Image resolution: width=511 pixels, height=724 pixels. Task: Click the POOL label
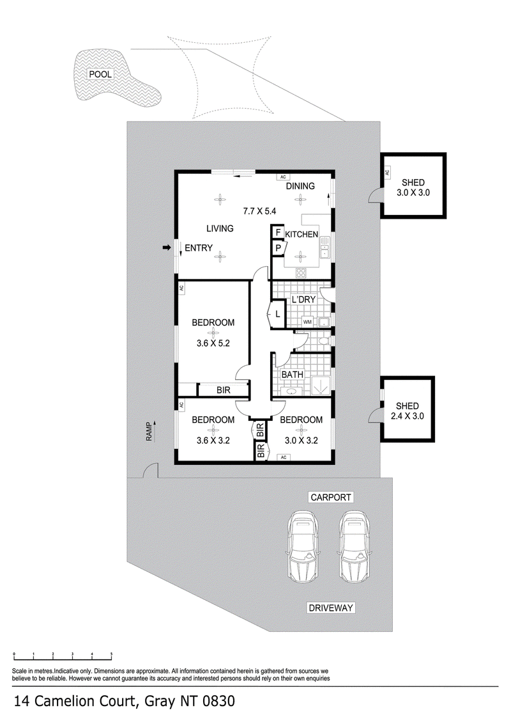pos(100,74)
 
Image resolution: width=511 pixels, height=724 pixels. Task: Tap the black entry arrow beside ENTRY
pos(167,248)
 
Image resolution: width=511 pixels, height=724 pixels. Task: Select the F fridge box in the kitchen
pos(278,233)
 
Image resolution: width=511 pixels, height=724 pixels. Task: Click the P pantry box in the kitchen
pos(278,249)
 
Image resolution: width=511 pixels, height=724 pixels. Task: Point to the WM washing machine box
pos(308,321)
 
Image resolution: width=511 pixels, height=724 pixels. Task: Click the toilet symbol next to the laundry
pos(324,341)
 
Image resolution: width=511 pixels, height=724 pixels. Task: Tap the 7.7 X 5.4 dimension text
pos(259,211)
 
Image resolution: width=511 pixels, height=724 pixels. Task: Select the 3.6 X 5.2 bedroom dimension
pos(213,343)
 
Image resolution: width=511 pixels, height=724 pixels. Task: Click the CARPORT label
pos(331,498)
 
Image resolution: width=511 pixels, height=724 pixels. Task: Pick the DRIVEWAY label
pos(331,608)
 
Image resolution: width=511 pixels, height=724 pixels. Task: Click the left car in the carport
pos(303,546)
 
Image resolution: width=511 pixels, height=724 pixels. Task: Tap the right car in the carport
pos(355,546)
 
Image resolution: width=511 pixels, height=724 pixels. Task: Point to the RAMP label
pos(149,432)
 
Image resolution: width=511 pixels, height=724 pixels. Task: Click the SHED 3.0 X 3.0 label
pos(413,187)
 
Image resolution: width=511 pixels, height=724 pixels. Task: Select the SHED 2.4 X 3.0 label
pos(408,411)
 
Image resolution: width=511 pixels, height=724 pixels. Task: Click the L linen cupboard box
pos(278,314)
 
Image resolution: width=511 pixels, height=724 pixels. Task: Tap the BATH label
pos(293,374)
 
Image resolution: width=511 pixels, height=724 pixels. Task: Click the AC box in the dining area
pos(283,177)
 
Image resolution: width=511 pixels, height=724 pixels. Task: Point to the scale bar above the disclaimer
pos(63,655)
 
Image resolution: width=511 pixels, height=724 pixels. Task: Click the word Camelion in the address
pos(84,702)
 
